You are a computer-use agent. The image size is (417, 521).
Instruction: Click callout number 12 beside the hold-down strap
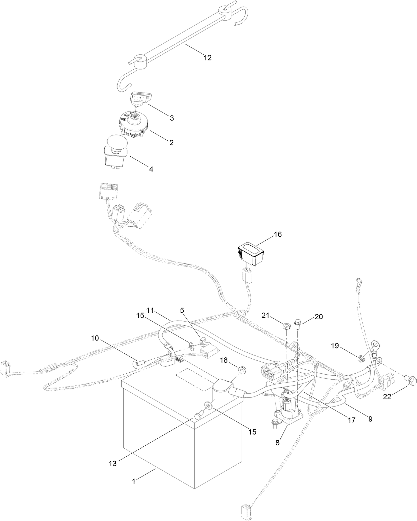point(207,58)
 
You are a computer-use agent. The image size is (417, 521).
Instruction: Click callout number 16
point(277,235)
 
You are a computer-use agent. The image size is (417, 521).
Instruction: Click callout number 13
point(113,464)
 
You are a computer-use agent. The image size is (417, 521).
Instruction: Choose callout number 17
point(351,420)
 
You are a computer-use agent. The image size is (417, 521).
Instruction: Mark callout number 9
point(370,419)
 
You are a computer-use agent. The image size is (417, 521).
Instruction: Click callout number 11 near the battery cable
point(150,311)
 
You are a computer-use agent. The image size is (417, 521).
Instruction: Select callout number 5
point(182,311)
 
